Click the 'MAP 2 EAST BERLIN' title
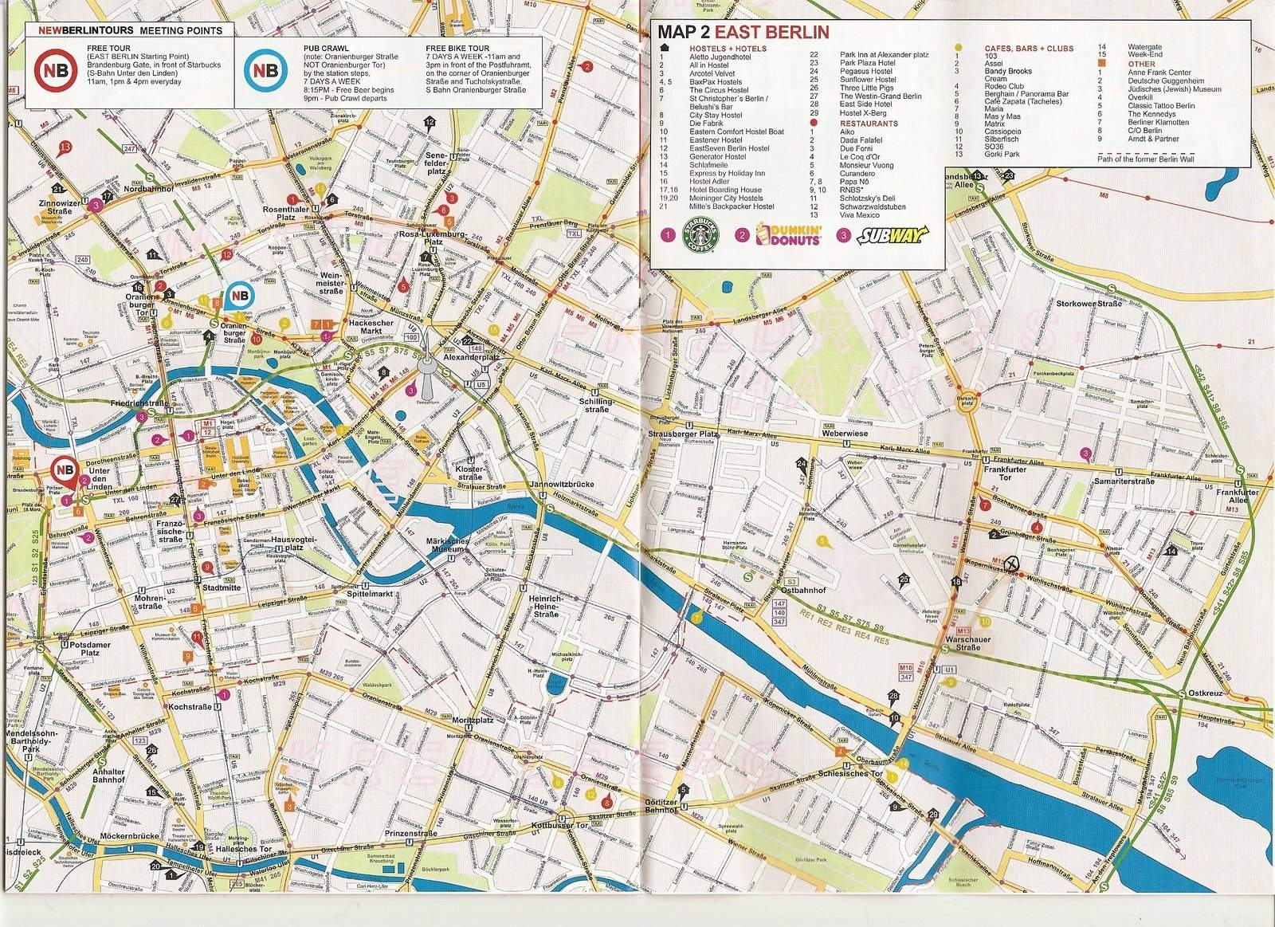(x=743, y=33)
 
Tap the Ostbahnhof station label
(x=802, y=590)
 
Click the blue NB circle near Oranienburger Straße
(x=238, y=296)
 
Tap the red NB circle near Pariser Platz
(x=65, y=470)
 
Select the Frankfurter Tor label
(x=1004, y=474)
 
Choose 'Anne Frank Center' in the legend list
(x=1159, y=73)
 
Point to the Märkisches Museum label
(x=445, y=545)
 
